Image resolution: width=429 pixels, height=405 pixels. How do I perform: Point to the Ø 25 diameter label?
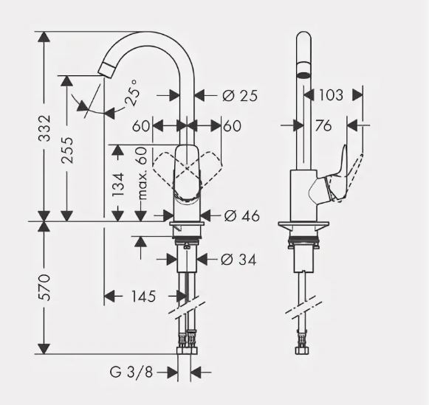click(x=238, y=95)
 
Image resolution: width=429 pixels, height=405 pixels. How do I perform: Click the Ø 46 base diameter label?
click(x=241, y=215)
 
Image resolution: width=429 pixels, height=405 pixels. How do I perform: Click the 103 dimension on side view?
click(x=332, y=94)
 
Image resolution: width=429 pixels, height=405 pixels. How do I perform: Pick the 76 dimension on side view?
click(x=323, y=126)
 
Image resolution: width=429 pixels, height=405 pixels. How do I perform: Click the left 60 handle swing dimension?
click(x=142, y=126)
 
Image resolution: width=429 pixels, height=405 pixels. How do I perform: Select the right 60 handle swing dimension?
click(x=231, y=126)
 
